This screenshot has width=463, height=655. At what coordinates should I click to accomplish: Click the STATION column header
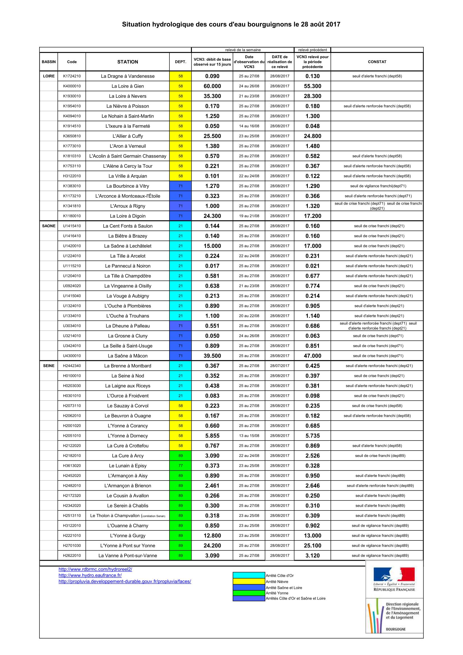tap(127, 62)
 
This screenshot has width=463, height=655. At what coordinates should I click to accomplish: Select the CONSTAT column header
tap(377, 62)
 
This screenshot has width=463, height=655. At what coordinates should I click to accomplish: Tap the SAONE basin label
tap(48, 226)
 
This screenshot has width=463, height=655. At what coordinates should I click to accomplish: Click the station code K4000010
tap(72, 86)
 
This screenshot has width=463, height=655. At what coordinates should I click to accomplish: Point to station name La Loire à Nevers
tap(127, 96)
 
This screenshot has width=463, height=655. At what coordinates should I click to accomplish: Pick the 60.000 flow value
tap(212, 86)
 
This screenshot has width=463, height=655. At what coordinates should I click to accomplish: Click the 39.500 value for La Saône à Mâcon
tap(212, 356)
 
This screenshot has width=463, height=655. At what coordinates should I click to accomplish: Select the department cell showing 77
tap(180, 466)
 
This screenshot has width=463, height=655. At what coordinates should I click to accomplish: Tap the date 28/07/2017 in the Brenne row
tap(280, 366)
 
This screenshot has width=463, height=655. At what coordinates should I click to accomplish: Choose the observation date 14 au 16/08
tap(249, 126)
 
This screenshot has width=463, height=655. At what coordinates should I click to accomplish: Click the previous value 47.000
tap(312, 356)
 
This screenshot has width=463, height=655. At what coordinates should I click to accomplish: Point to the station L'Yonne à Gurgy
tap(127, 535)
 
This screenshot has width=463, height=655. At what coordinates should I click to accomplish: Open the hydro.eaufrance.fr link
tap(90, 575)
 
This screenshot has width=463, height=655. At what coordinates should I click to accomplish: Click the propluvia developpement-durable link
tap(125, 581)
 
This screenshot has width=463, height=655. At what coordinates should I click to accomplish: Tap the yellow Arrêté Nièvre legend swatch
tap(249, 582)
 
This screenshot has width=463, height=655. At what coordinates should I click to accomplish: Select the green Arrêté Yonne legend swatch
tap(249, 593)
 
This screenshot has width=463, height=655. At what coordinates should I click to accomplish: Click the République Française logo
tap(394, 580)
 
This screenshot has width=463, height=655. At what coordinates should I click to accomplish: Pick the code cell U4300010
tap(72, 356)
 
